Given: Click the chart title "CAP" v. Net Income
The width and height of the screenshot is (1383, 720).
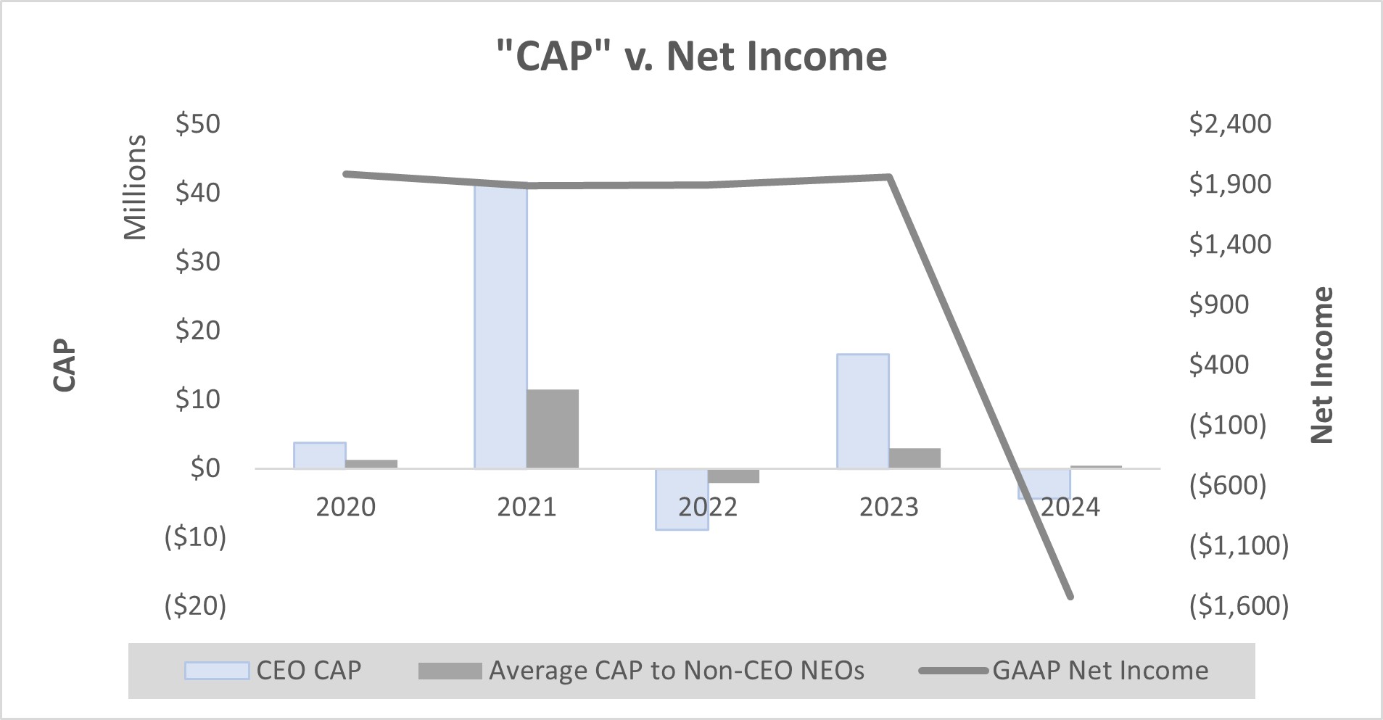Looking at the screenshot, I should pos(691,57).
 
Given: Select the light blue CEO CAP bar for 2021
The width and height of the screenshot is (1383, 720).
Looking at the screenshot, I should pos(500,326).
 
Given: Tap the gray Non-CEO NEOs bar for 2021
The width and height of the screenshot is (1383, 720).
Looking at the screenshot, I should pos(553,429).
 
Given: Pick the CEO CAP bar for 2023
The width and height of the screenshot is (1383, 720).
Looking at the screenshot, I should pos(862,410).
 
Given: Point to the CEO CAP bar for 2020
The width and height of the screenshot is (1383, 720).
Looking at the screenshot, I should pos(319,455).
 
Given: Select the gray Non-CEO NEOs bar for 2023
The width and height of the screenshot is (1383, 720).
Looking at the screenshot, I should pos(915,458).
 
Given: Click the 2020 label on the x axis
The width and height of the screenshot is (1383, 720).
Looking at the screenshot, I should pos(346,507).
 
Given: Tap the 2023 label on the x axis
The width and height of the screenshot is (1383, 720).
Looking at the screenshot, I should pos(888,507).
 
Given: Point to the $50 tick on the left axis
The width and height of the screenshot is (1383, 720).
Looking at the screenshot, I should pos(198,124).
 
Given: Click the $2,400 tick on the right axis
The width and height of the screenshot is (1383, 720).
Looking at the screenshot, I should pos(1230,124).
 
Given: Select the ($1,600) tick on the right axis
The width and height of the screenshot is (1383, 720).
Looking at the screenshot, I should pos(1239,605).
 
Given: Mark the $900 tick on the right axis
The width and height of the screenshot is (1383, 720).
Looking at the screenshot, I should pos(1219,305).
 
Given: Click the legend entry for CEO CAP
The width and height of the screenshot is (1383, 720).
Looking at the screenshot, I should pos(273,671).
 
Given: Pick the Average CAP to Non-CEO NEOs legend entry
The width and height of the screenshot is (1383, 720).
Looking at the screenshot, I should pos(642,671).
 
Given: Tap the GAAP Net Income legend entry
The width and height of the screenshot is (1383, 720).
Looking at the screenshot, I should pos(1064,671).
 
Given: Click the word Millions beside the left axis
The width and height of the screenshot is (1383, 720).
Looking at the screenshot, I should pos(136,187).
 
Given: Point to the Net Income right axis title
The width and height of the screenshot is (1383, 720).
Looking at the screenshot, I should pos(1323,365).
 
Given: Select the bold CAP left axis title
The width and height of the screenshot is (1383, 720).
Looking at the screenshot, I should pos(65,365).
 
